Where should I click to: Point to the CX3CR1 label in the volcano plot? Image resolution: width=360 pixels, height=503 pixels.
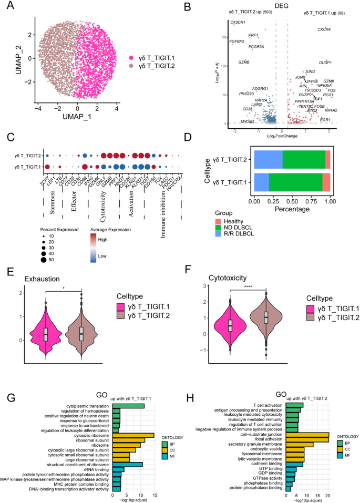tap(238, 22)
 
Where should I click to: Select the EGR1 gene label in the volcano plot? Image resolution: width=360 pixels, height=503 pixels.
tap(325, 120)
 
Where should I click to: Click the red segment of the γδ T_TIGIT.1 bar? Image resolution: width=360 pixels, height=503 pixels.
tap(326, 182)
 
